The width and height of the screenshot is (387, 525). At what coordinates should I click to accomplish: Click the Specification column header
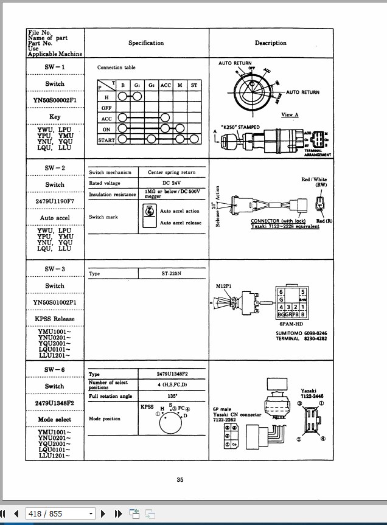(146, 43)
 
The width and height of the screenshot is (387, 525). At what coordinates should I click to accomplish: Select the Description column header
(270, 43)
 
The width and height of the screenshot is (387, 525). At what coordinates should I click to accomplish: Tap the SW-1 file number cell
(55, 67)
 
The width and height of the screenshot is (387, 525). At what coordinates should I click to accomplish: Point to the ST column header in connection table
(194, 86)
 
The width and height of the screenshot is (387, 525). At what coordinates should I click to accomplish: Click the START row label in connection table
(106, 140)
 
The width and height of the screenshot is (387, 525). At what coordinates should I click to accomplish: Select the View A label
(290, 114)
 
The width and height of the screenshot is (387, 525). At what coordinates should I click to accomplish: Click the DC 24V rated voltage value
(172, 183)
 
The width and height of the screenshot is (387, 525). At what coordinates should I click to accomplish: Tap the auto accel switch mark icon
(148, 216)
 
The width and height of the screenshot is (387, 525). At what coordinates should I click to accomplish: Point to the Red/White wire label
(314, 179)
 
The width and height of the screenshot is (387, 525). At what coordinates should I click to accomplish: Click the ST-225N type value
(172, 274)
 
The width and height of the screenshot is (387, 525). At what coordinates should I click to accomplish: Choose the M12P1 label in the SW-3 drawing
(225, 286)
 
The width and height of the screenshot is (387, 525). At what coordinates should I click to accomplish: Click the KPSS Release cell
(55, 319)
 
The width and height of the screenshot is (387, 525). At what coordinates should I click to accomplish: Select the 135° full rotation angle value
(172, 396)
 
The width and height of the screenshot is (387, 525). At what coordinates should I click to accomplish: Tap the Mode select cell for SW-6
(55, 420)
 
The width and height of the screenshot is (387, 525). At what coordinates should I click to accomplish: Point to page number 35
(180, 480)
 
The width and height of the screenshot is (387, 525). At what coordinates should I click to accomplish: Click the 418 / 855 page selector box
(61, 514)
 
